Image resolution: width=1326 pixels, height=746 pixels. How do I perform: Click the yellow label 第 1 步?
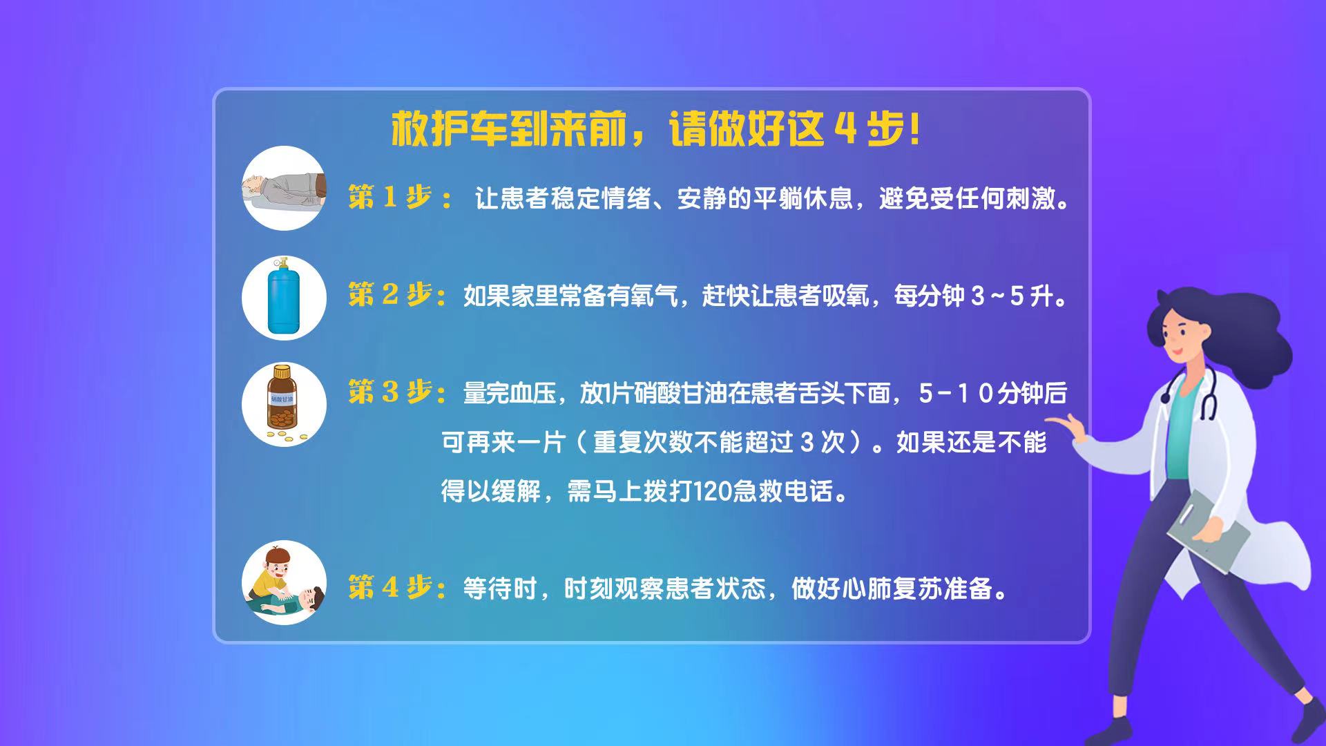pyautogui.click(x=390, y=198)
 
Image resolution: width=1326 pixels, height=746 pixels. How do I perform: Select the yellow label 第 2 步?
pyautogui.click(x=391, y=295)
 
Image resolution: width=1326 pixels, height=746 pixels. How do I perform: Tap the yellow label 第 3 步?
pyautogui.click(x=391, y=392)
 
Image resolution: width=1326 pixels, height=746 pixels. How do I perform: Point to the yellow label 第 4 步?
pyautogui.click(x=391, y=587)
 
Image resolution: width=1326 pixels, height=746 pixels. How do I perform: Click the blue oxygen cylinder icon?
pyautogui.click(x=283, y=298)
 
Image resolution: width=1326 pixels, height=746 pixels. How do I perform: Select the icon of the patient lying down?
pyautogui.click(x=284, y=188)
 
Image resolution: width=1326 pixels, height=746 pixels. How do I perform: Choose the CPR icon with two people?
pyautogui.click(x=283, y=582)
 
